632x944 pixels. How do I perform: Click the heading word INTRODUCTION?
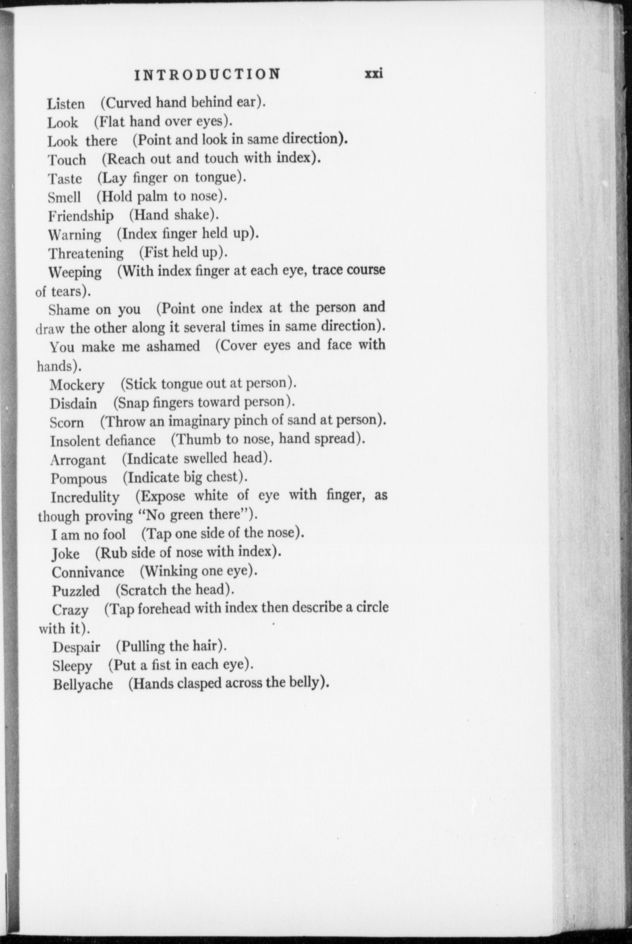coord(207,74)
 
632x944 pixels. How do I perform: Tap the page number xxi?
coord(374,74)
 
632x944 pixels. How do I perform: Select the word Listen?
coord(66,104)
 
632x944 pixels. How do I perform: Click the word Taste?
coord(65,178)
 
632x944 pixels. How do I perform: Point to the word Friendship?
coord(81,216)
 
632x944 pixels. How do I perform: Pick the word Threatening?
coord(86,253)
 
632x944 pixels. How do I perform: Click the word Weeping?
coord(75,272)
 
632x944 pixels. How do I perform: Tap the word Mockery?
coord(77,385)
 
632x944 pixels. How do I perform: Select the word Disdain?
coord(73,403)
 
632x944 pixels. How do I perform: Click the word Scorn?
coord(67,423)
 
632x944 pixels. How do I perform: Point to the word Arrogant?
coord(78,460)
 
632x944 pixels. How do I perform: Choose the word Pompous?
coord(79,478)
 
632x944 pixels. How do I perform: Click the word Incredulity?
coord(85,497)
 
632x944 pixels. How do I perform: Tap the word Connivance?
coord(88,572)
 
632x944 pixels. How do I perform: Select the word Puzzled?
coord(75,591)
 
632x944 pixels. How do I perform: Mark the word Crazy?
coord(70,610)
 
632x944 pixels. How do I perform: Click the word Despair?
coord(76,647)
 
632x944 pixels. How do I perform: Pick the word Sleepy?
coord(72,666)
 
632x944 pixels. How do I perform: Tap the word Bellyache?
coord(83,684)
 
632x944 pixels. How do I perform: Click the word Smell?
coord(64,197)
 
